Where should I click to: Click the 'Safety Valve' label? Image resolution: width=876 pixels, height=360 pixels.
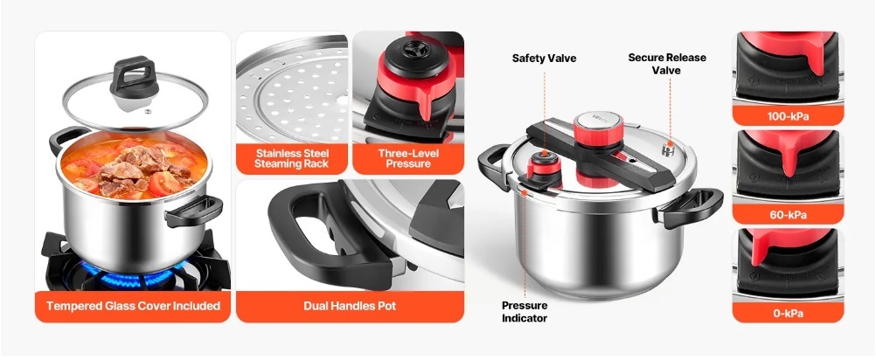(544, 58)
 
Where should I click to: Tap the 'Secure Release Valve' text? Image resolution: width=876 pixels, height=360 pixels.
(666, 64)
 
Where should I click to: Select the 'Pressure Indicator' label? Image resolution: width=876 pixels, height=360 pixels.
(525, 312)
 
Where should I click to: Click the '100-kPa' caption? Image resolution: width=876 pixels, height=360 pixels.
(788, 117)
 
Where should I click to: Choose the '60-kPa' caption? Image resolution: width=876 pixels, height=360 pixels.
(788, 214)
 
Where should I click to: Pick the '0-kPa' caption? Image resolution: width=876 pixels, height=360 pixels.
(788, 313)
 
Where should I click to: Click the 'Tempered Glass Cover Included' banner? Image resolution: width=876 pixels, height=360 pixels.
(133, 306)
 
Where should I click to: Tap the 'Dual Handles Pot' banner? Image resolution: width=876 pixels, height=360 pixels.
(350, 306)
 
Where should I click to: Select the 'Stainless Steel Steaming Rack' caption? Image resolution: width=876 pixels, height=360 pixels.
(292, 158)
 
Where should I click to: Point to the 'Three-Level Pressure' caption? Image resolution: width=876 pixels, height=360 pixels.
(408, 158)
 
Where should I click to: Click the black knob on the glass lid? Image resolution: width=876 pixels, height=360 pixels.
(134, 77)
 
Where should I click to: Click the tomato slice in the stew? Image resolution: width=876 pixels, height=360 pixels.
(166, 183)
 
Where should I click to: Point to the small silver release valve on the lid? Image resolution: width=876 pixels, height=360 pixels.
(667, 149)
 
